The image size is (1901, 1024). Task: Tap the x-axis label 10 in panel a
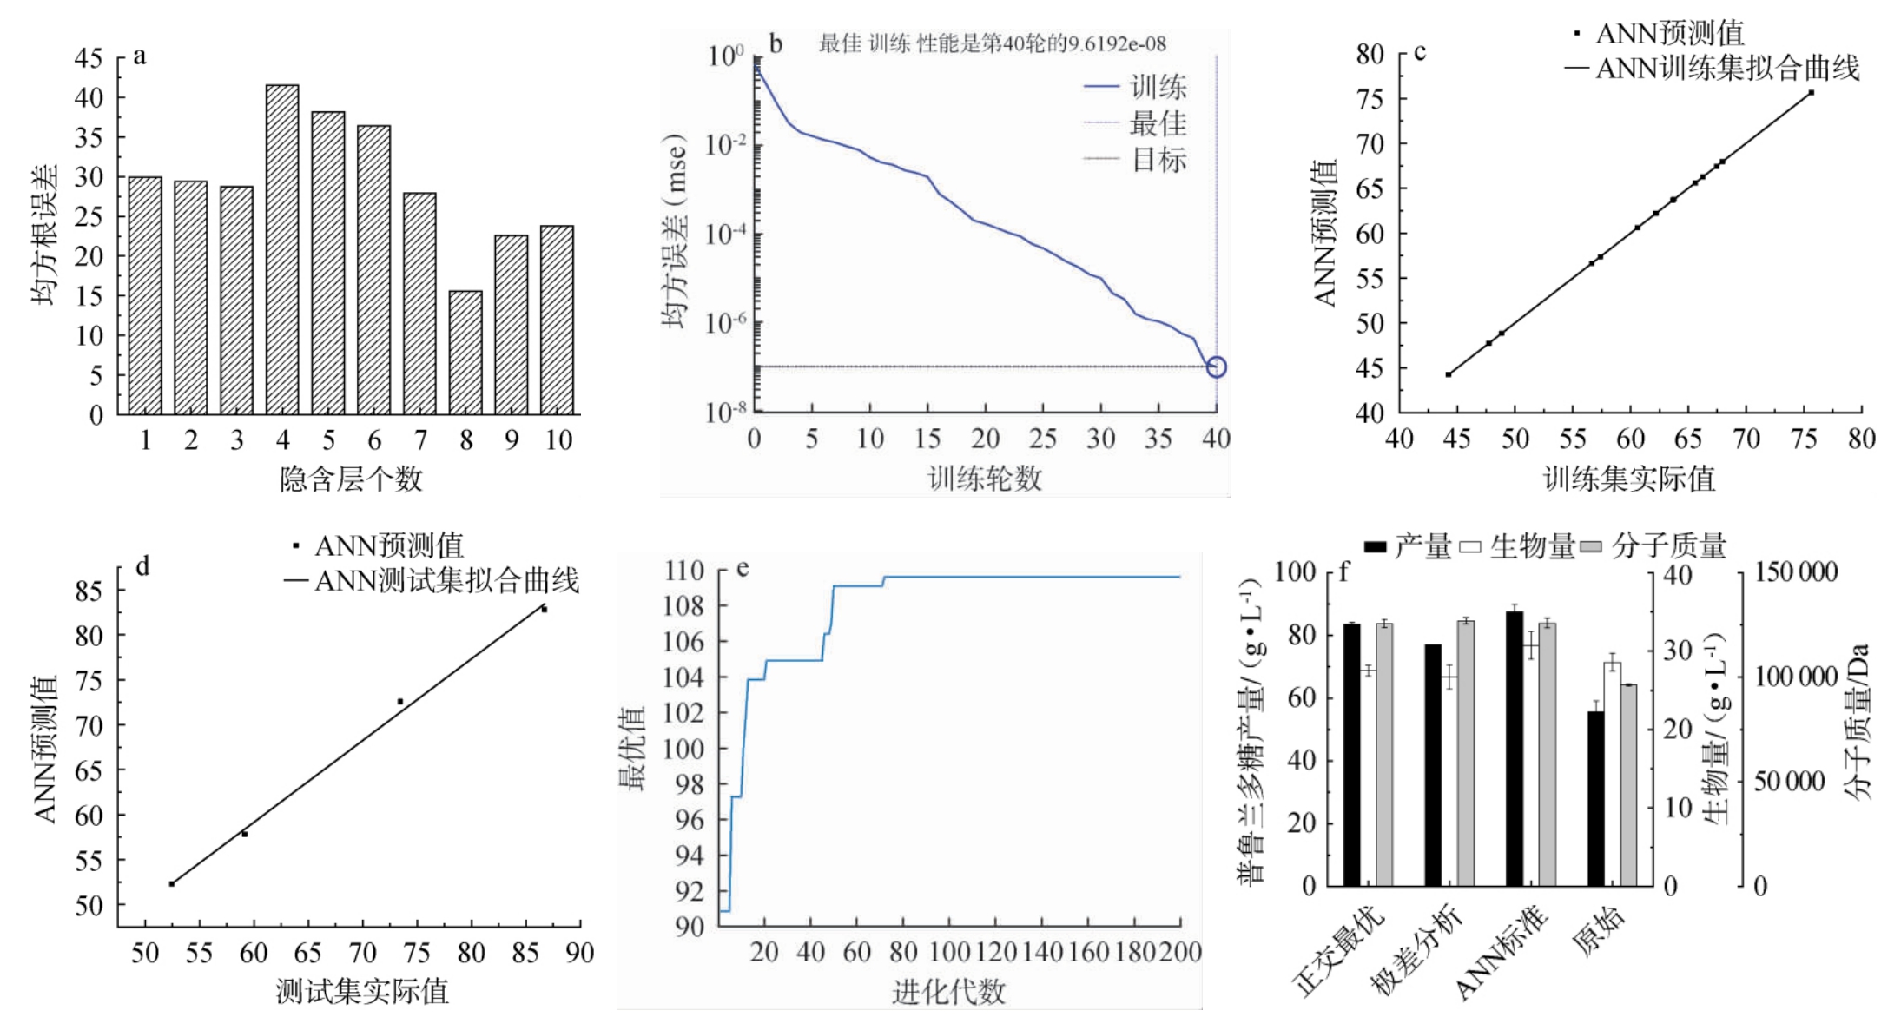(558, 441)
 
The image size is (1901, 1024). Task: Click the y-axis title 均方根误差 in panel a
(45, 235)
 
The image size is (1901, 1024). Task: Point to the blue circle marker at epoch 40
(1217, 367)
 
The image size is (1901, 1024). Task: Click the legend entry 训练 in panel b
(1158, 87)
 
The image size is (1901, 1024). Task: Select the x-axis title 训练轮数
(985, 479)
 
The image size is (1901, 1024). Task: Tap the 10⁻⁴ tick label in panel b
(726, 234)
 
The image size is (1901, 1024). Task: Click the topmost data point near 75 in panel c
(1811, 92)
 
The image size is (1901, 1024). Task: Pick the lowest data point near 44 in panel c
(1449, 374)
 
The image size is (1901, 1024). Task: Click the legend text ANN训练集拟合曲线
(1727, 69)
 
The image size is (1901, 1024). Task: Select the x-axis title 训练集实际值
(1628, 479)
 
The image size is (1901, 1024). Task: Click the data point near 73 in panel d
(400, 701)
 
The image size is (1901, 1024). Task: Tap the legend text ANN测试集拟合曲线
(446, 581)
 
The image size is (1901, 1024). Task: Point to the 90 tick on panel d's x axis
(579, 954)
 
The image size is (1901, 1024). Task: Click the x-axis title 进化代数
(948, 991)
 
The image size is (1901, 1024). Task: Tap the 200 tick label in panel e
(1180, 953)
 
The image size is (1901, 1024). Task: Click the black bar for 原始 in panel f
(1596, 798)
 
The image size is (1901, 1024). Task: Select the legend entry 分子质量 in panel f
(1668, 546)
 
